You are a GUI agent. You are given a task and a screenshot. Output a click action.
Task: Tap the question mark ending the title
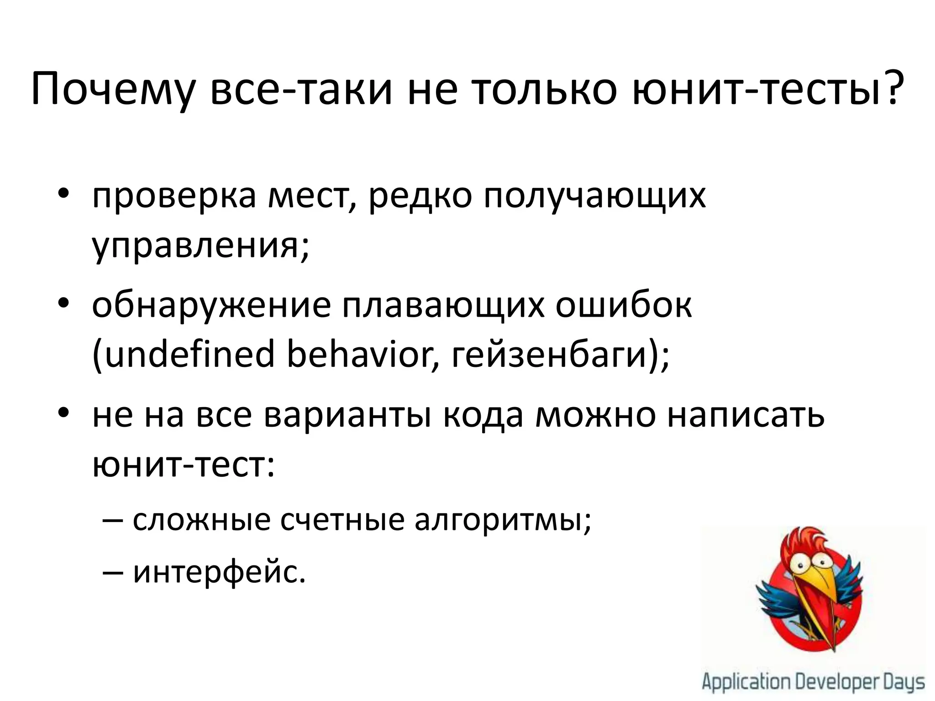coord(892,87)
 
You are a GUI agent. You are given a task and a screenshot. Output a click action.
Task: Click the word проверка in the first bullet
coord(174,197)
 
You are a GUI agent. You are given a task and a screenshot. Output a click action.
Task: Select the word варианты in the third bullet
coord(347,416)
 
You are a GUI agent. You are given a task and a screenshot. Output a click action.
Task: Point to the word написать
coord(746,416)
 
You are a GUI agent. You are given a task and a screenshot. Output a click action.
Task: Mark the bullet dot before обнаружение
coord(63,304)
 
